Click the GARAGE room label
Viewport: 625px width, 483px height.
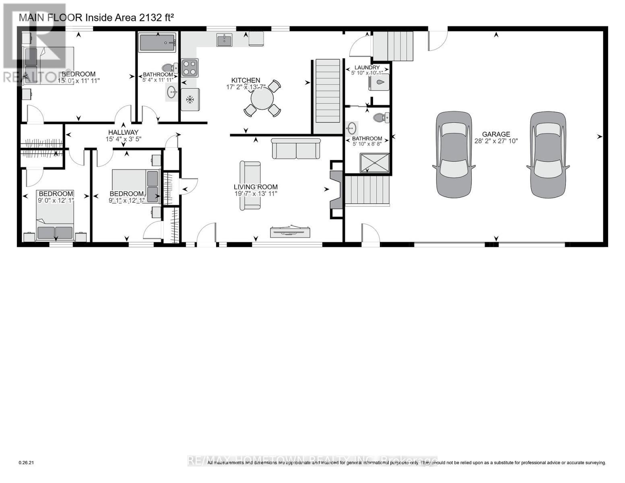[x=496, y=134]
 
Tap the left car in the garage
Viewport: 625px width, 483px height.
[x=454, y=155]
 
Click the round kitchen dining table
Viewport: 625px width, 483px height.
[x=262, y=99]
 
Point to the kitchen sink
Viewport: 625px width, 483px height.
[x=224, y=40]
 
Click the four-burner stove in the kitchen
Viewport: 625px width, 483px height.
[x=190, y=68]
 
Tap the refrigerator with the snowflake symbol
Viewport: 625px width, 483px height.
[x=190, y=99]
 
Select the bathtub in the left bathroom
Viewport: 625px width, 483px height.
[x=157, y=42]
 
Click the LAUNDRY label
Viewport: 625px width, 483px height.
[x=367, y=68]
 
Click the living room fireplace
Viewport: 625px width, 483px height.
[x=336, y=189]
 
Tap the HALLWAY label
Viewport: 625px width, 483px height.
[x=123, y=132]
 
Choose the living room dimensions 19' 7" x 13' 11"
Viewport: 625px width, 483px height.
[x=256, y=194]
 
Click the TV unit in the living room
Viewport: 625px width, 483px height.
[x=291, y=231]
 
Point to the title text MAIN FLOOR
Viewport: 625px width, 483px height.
[x=51, y=17]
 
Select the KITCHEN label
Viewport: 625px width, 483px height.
[x=245, y=80]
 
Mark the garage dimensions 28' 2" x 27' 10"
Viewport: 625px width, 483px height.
[x=496, y=141]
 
